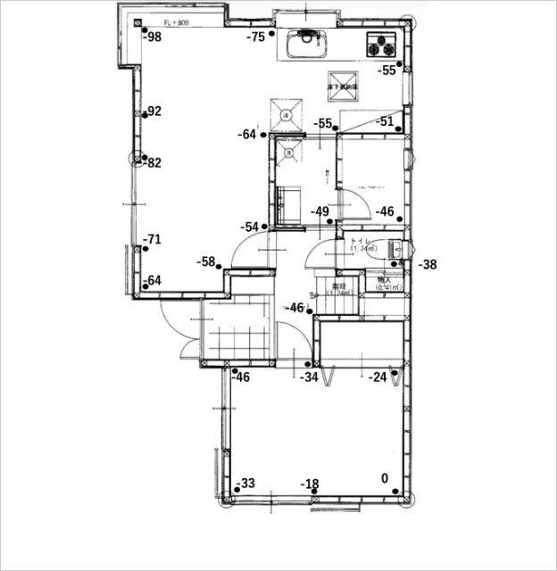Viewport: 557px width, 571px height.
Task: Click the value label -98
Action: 153,37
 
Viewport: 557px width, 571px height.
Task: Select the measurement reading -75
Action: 256,37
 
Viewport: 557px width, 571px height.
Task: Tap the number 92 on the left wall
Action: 154,112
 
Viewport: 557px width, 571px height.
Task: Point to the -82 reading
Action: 153,162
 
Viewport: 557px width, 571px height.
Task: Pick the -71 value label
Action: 153,239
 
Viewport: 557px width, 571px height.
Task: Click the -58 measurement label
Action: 206,261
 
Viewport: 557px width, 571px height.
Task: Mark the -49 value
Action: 320,211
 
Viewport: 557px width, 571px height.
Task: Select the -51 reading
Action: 385,121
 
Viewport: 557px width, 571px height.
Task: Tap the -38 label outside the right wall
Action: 428,264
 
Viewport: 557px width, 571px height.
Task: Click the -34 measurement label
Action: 309,377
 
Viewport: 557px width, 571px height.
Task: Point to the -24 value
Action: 378,377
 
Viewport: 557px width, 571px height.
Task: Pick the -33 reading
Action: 245,484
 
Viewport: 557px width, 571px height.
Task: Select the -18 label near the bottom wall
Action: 310,484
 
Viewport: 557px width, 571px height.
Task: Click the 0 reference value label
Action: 385,478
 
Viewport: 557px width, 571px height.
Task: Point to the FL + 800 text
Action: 175,22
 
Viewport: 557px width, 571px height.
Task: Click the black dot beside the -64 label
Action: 264,135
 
